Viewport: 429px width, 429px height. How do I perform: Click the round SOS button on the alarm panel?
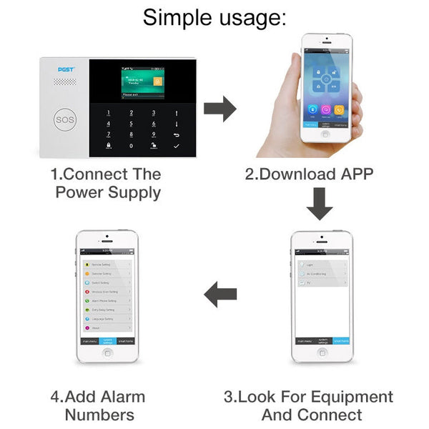click(x=64, y=119)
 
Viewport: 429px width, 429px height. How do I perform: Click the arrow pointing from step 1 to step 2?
click(x=220, y=109)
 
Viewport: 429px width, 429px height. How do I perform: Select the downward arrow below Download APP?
click(x=319, y=204)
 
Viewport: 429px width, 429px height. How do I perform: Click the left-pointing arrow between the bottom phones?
click(x=220, y=294)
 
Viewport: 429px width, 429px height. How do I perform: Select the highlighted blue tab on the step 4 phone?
click(x=107, y=341)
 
